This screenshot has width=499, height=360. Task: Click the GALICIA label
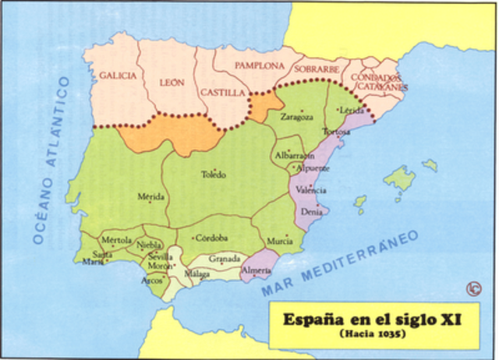pos(118,76)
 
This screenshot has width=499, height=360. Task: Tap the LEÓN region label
pos(172,82)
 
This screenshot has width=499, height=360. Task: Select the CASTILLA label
pos(223,92)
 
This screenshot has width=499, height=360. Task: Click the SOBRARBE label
pos(317,69)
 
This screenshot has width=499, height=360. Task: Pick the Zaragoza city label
pos(297,118)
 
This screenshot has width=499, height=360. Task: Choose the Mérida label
pos(150,197)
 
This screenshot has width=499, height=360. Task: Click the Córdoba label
pos(211,238)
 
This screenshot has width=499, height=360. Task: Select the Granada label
pos(225,258)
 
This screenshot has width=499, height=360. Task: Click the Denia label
pos(311,211)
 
